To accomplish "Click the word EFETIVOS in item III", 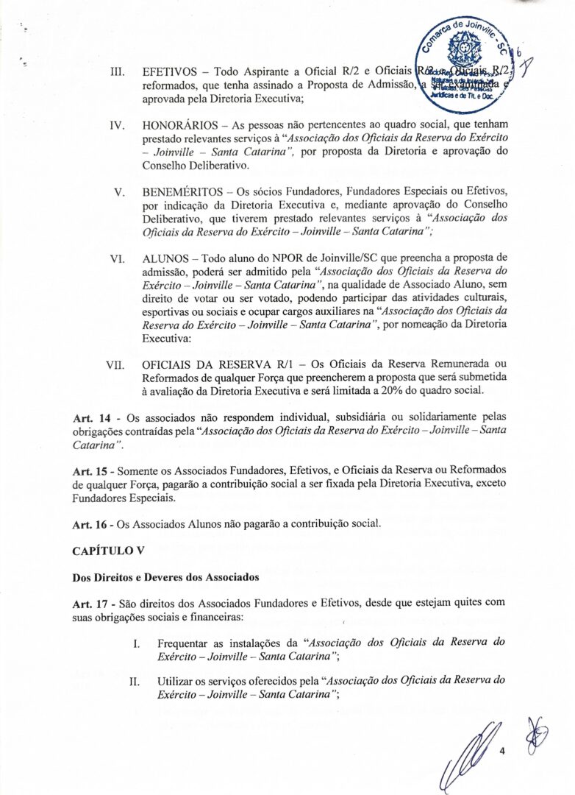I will point(171,73).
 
